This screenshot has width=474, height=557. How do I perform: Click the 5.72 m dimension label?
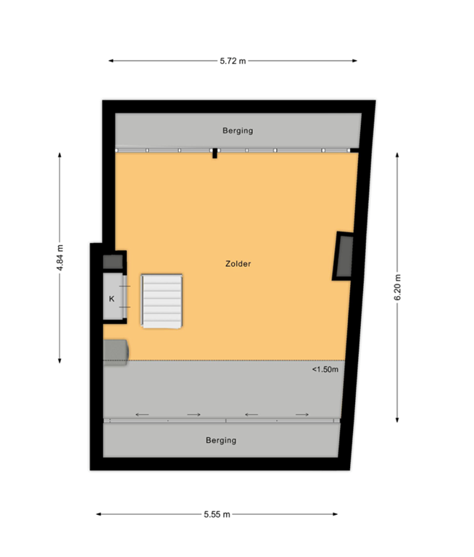tap(233, 61)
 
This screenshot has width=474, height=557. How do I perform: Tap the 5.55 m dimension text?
tap(217, 514)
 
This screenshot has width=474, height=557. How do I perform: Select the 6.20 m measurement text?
tap(398, 287)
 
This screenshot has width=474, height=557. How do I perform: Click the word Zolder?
tap(238, 264)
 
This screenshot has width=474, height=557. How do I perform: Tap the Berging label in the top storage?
tap(237, 131)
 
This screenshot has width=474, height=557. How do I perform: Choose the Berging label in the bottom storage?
tap(220, 440)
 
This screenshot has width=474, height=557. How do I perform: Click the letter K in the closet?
tap(112, 298)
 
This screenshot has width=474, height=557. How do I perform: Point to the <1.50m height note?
tap(325, 369)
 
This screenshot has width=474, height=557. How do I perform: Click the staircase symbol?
tap(162, 301)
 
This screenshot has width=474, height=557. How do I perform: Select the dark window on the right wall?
tap(343, 256)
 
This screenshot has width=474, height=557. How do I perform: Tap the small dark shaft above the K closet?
tap(113, 261)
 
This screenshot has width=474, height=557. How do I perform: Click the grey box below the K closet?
tap(115, 351)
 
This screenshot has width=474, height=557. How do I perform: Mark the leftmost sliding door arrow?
tap(142, 414)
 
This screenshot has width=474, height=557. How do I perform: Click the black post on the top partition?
tap(215, 152)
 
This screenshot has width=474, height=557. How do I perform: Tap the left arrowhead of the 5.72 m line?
tap(109, 61)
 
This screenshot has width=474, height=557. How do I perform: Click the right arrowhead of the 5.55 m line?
tap(337, 514)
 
